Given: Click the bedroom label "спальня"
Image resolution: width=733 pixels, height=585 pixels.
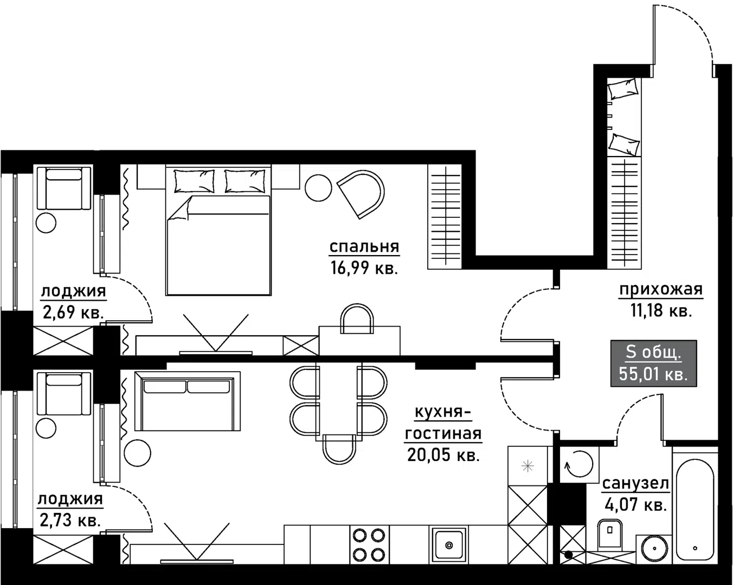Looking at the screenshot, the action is click(x=364, y=246).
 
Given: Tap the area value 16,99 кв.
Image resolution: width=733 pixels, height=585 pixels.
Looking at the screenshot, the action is click(x=364, y=268).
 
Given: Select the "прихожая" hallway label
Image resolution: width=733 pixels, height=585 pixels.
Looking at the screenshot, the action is click(x=661, y=290).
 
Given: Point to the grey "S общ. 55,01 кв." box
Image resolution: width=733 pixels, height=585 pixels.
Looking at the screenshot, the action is click(x=653, y=363).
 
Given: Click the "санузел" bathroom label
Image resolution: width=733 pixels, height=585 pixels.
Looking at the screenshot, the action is click(x=635, y=484).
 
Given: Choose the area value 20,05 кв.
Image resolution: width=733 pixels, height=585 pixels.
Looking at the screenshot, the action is click(x=443, y=455).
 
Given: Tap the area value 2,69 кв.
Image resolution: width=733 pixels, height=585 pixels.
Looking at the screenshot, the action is click(x=73, y=312).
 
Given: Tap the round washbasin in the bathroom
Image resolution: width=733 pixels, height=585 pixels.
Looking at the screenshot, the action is click(x=654, y=549).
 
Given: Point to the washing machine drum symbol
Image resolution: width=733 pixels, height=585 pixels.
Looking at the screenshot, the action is click(x=579, y=464).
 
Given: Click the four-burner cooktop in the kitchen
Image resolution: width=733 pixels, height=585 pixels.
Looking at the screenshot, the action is click(x=369, y=545).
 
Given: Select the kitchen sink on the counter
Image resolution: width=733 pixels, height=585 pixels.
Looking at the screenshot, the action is click(x=449, y=544).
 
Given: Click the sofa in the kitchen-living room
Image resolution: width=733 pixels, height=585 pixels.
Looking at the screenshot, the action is click(x=188, y=401).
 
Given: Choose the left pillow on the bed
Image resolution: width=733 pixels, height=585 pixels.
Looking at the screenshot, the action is click(x=194, y=181).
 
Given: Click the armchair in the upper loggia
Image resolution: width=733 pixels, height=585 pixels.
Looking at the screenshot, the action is click(x=64, y=188).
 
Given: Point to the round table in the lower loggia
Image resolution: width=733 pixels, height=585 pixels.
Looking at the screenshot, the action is click(x=46, y=429).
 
